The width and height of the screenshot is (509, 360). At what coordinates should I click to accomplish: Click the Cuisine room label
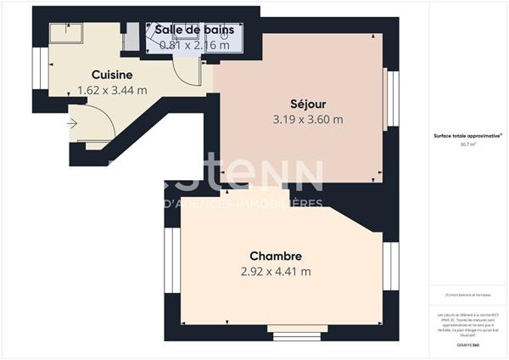[x=112, y=74]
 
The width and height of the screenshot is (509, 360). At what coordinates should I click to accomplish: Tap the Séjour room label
[x=307, y=104]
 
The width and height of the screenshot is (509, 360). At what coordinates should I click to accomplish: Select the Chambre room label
[x=276, y=256]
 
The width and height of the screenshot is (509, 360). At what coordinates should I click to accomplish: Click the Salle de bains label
[x=194, y=30]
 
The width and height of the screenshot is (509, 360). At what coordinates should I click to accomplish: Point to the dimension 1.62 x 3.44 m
[x=112, y=89]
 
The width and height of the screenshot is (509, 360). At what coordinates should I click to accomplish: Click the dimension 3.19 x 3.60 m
[x=307, y=119]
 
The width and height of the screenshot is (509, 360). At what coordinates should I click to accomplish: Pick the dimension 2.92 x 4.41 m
[x=276, y=272]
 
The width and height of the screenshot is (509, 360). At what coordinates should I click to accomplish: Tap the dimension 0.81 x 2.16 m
[x=194, y=45]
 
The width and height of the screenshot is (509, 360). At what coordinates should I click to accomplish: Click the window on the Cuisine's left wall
[x=37, y=65]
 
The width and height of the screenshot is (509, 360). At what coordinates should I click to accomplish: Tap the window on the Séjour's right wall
[x=392, y=96]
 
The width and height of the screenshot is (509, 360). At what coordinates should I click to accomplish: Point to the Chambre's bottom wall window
[x=293, y=330]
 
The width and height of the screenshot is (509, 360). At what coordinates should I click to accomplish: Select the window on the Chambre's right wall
[x=392, y=265]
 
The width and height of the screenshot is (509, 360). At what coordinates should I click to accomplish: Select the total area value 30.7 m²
[x=467, y=144]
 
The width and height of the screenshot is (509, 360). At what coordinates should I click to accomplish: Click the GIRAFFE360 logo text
[x=467, y=346]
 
